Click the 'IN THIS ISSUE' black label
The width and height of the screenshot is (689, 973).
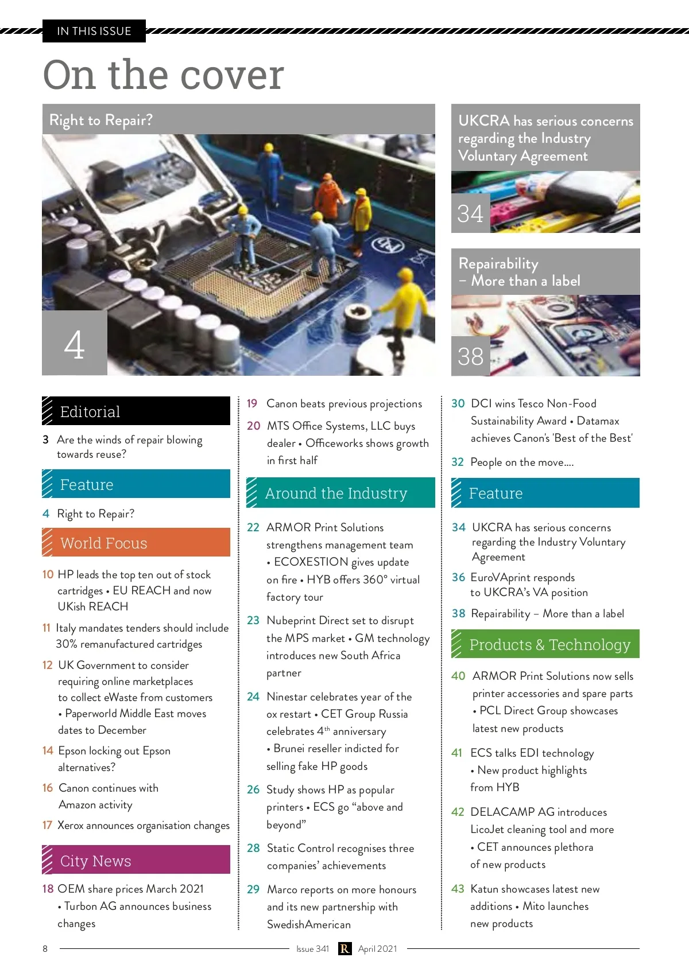click(94, 31)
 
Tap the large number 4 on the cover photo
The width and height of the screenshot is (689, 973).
click(74, 344)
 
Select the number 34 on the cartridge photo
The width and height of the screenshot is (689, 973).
click(470, 214)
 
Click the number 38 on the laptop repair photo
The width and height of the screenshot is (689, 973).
click(470, 356)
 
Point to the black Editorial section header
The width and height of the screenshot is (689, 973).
click(136, 411)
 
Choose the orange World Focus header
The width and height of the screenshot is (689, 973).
click(136, 542)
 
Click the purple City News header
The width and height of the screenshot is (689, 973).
click(136, 860)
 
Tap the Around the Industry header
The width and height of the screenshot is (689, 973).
click(340, 493)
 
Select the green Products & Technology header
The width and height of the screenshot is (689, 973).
click(545, 644)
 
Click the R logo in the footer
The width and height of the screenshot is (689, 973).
click(344, 949)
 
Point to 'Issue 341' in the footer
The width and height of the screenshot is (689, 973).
click(312, 949)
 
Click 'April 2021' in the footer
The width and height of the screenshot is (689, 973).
click(377, 949)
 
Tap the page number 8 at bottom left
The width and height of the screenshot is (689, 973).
click(45, 949)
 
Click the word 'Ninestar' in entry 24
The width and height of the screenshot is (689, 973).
click(287, 696)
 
